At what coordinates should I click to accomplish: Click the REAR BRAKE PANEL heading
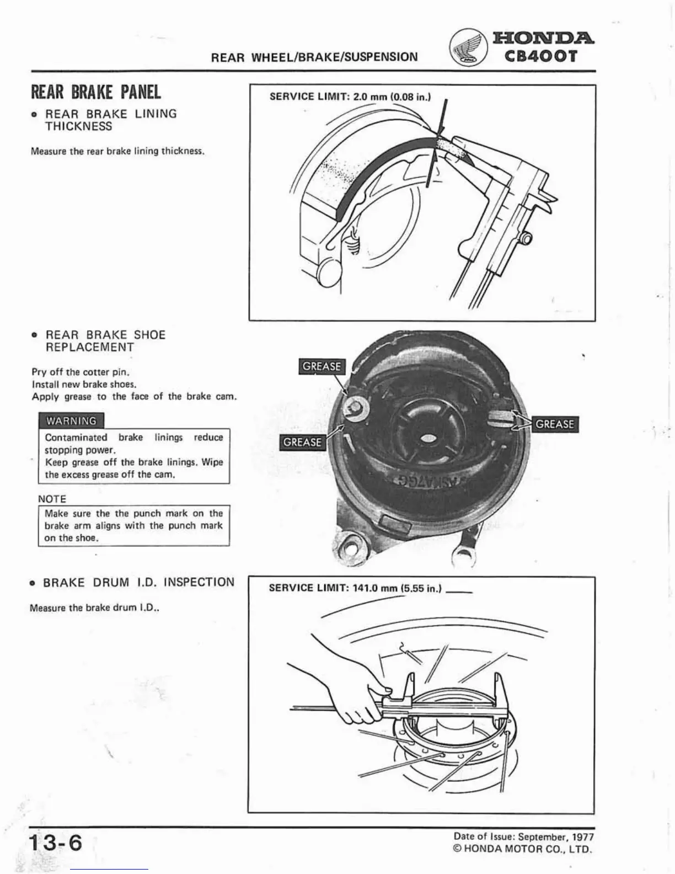tap(96, 92)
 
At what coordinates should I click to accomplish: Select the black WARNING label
tap(71, 421)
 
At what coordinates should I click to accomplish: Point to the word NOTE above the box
tap(52, 499)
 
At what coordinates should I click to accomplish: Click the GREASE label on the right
tap(554, 424)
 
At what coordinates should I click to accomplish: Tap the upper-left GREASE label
tap(322, 366)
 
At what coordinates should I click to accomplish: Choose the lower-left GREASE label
tap(302, 442)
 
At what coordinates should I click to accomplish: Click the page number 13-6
tap(56, 844)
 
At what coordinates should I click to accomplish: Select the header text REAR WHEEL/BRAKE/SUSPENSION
tap(314, 57)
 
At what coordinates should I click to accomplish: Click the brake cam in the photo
tap(354, 408)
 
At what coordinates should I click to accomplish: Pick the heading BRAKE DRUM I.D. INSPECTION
tap(138, 582)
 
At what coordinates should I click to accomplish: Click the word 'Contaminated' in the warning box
tap(76, 437)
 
